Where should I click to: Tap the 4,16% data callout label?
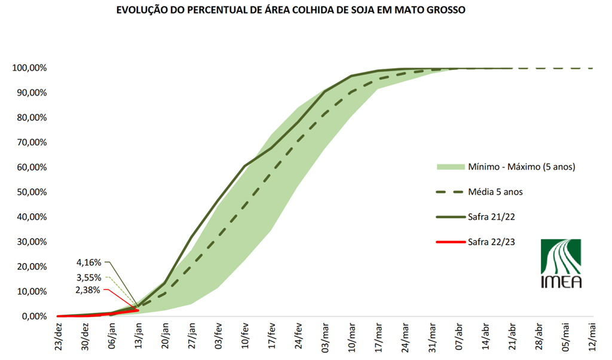coord(89,262)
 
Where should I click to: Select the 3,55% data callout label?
coord(89,277)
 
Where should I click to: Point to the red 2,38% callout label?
coord(89,291)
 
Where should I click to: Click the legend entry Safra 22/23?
coord(492,242)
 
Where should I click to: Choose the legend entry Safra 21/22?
coord(492,217)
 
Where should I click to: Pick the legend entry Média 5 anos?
coord(496,192)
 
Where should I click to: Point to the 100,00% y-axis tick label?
coord(29,68)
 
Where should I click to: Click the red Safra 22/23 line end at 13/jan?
coord(138,310)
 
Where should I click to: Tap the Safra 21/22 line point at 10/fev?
coord(244,166)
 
